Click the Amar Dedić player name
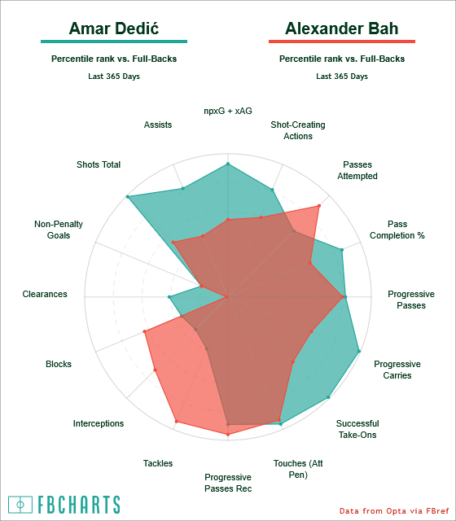click(x=114, y=28)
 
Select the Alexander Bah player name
click(x=342, y=28)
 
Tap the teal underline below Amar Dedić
click(x=114, y=42)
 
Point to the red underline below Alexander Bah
click(x=342, y=42)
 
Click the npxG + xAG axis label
click(x=228, y=111)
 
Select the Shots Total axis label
click(x=99, y=164)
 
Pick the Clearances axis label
click(x=45, y=294)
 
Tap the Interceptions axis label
click(x=99, y=423)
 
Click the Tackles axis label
click(x=158, y=463)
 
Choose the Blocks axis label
click(x=59, y=364)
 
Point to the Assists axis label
click(x=158, y=125)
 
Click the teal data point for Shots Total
click(x=127, y=197)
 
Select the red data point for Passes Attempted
click(x=319, y=206)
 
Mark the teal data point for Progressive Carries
click(x=359, y=351)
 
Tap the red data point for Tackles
click(x=177, y=422)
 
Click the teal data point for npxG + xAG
click(x=228, y=164)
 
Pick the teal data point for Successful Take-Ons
click(x=328, y=397)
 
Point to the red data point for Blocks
click(x=144, y=331)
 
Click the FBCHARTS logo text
click(x=79, y=505)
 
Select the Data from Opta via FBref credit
click(x=394, y=510)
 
